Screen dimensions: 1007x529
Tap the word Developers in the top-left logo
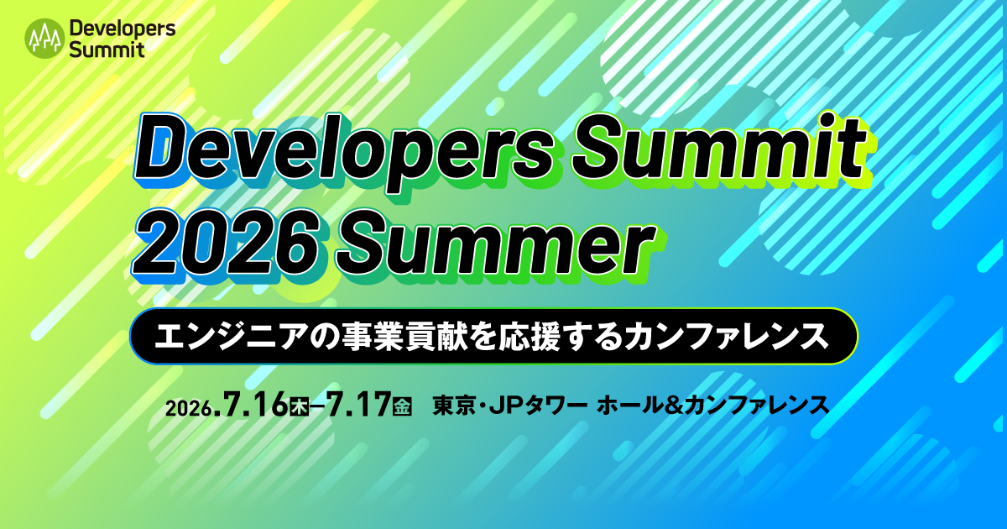click(123, 29)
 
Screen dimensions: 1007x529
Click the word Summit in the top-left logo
click(107, 49)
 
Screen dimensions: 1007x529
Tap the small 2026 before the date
click(188, 409)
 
